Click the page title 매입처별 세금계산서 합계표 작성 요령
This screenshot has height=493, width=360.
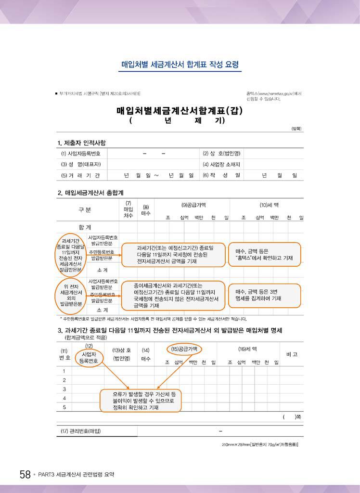(x=180, y=65)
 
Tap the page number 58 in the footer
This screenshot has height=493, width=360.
(x=25, y=475)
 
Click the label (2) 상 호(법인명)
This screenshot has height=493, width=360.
(x=221, y=154)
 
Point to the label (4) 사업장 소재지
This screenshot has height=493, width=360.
(x=221, y=165)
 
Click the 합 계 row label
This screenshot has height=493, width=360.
(x=85, y=227)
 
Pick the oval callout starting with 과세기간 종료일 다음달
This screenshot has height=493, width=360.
(x=71, y=255)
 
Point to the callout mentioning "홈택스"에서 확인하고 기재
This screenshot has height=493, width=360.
(x=264, y=254)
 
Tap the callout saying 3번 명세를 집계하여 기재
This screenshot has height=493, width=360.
(x=264, y=295)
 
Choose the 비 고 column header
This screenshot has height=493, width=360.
(x=292, y=354)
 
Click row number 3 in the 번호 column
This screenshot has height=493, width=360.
(x=64, y=389)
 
